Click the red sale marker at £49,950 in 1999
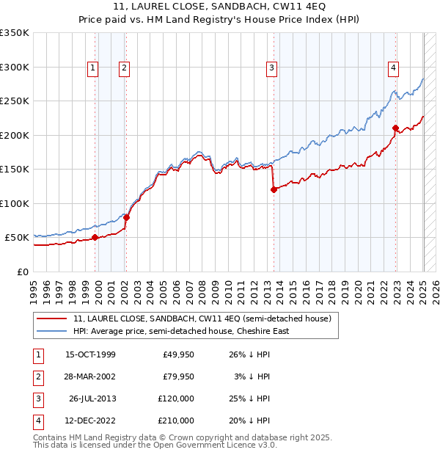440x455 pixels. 95,237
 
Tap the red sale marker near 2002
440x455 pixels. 126,217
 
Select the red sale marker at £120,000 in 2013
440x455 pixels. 274,189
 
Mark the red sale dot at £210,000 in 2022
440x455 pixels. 395,128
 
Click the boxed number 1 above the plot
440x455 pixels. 93,68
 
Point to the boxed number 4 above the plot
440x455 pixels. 393,68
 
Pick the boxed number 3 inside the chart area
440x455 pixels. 271,68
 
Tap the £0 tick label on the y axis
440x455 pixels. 21,272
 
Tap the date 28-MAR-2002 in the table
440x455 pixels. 90,377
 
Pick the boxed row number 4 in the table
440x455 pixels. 37,421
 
